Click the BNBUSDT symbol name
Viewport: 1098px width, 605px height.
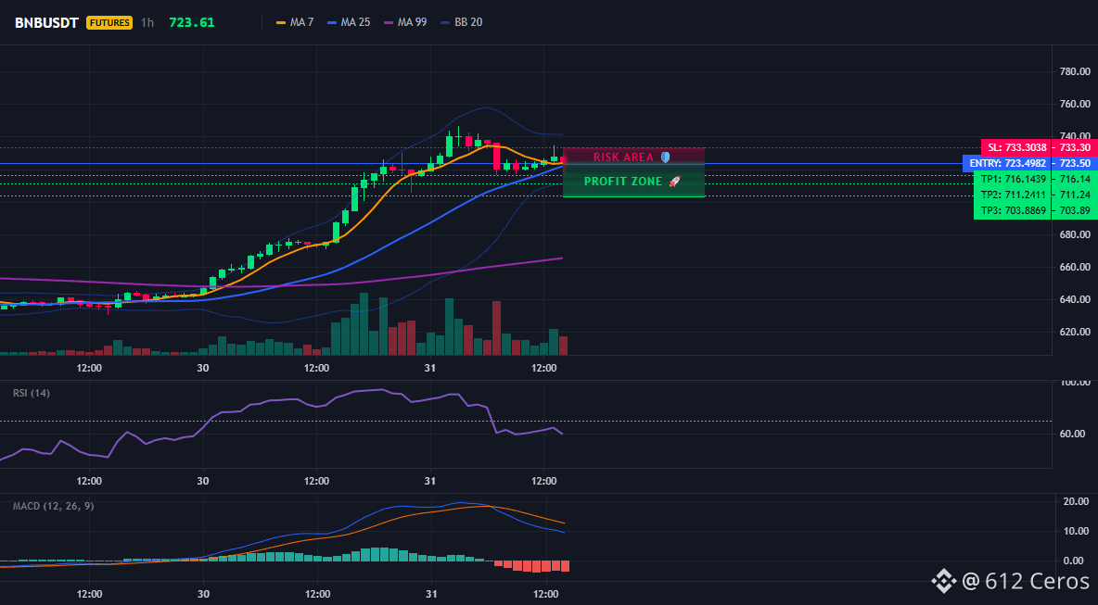point(46,22)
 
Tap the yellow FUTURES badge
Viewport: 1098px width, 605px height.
point(109,22)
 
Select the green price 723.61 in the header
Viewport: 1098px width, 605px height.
point(192,22)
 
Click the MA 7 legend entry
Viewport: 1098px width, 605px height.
point(295,22)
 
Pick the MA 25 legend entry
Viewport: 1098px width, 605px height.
point(348,22)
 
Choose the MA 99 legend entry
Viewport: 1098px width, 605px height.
point(404,22)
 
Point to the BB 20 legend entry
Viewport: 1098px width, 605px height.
point(461,22)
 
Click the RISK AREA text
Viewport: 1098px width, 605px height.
point(623,158)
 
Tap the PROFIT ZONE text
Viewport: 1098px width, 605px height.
point(623,182)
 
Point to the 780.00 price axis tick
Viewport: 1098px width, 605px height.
point(1075,71)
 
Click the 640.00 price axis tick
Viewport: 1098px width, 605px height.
point(1075,299)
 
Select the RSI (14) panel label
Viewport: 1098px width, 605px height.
point(32,393)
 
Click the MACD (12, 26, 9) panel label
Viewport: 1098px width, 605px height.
point(53,506)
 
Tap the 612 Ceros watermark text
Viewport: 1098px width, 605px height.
point(1026,581)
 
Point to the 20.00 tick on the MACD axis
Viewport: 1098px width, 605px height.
point(1076,501)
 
